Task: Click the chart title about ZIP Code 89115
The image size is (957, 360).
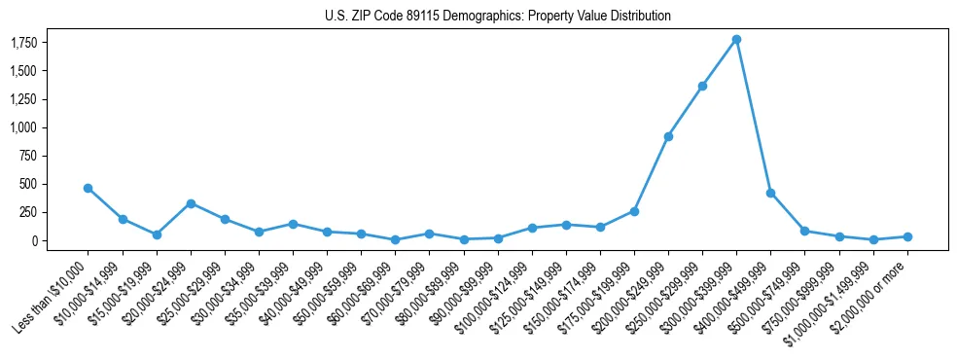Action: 478,16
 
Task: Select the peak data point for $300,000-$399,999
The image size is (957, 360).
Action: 736,40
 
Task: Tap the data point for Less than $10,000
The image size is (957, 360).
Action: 88,188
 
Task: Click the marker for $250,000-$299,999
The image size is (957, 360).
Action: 702,86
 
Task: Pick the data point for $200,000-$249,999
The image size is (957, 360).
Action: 668,136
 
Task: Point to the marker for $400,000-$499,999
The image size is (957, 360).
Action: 770,193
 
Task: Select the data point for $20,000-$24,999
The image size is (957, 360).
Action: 191,203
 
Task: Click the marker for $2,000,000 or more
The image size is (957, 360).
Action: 907,236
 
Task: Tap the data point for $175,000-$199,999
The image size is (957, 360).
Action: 634,211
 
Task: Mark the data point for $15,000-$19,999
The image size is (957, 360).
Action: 157,234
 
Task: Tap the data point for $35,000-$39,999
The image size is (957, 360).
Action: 293,224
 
